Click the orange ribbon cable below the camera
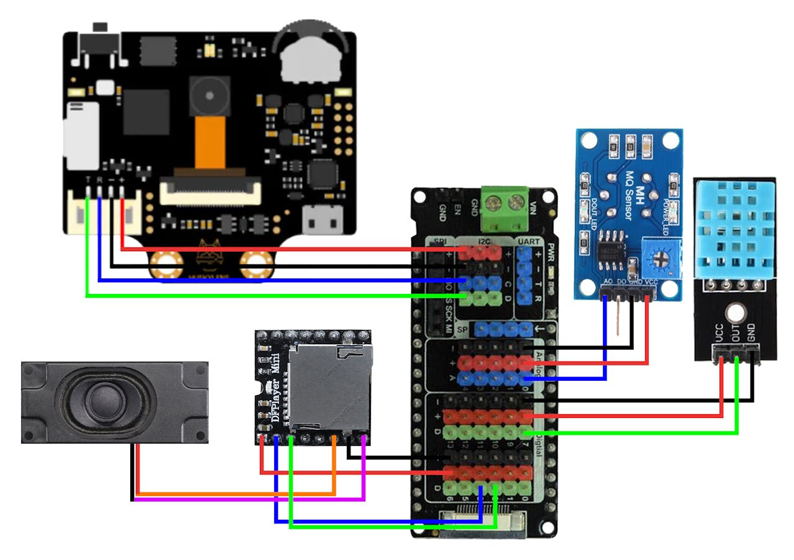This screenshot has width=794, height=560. click(x=209, y=146)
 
